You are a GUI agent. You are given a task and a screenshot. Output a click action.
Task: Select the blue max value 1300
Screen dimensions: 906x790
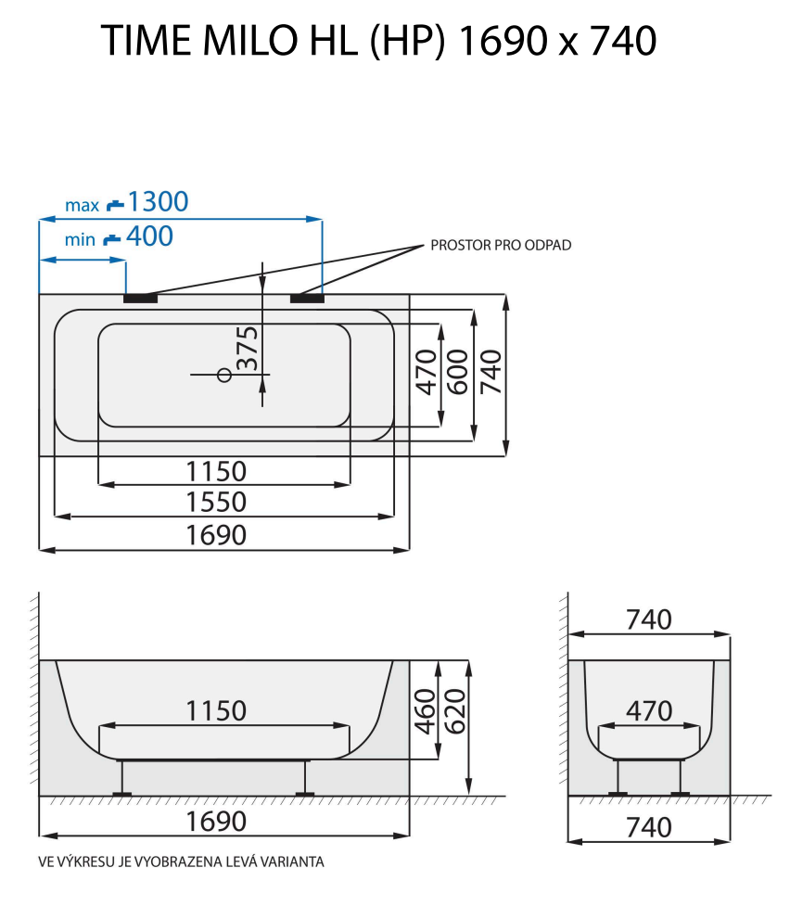158,201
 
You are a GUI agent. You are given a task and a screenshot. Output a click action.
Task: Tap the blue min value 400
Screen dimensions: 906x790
148,236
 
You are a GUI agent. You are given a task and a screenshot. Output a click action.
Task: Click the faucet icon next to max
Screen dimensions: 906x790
114,204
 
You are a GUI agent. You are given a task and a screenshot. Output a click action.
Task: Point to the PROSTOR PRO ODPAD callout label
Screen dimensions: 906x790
501,246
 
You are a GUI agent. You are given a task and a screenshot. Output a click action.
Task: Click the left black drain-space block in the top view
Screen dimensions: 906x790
141,299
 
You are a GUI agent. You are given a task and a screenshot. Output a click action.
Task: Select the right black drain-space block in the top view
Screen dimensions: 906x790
307,299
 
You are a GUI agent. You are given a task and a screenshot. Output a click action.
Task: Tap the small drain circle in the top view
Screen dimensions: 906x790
223,375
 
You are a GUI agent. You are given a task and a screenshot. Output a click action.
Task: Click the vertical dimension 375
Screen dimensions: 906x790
247,350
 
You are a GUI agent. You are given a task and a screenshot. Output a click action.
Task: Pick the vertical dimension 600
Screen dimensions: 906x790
457,372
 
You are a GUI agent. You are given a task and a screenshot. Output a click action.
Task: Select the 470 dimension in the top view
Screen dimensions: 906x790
426,372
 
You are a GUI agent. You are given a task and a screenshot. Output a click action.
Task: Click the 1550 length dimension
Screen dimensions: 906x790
216,502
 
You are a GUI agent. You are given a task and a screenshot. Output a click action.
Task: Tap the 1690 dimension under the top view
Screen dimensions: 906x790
216,535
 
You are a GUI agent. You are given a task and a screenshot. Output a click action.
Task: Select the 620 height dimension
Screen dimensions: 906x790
456,711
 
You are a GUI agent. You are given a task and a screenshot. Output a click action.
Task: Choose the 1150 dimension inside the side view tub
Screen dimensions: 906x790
216,711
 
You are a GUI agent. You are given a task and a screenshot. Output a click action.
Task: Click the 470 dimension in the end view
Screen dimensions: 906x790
648,711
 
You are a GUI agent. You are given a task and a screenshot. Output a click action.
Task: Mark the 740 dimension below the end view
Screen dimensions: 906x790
648,826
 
